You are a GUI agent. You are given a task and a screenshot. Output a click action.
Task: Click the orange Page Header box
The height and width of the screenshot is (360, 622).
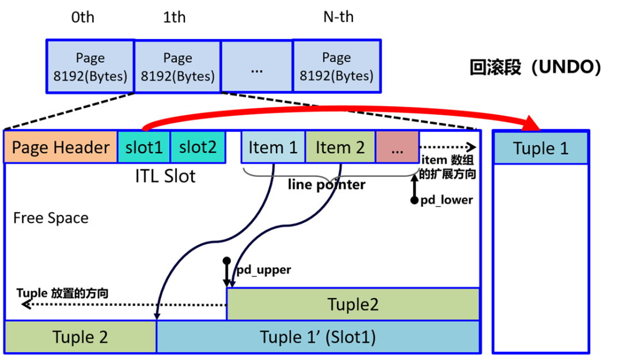tap(60, 147)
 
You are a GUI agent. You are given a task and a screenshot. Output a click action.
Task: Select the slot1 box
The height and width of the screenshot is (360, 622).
tap(144, 147)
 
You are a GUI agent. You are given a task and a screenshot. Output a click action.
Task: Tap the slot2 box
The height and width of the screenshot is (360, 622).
tap(198, 147)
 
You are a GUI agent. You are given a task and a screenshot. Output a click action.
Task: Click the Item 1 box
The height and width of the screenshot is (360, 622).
tap(273, 147)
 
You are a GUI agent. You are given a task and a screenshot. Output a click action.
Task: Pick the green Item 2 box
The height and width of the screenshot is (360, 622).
tap(340, 147)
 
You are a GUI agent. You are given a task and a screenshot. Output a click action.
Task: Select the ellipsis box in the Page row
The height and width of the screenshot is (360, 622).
tap(257, 66)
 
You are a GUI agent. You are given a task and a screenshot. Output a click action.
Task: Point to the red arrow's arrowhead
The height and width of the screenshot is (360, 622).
tap(533, 123)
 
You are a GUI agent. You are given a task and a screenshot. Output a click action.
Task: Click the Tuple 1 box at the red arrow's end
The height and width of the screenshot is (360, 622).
tap(541, 148)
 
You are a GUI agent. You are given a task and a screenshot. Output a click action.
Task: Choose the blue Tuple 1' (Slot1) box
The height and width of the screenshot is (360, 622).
tap(318, 337)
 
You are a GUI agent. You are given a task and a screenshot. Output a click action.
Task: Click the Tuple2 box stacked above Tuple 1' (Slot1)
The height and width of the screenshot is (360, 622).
tap(352, 304)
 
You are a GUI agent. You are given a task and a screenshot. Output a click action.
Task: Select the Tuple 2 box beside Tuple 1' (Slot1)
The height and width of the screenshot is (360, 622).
tap(80, 337)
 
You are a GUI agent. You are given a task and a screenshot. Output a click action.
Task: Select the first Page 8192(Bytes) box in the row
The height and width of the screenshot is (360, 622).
tap(90, 66)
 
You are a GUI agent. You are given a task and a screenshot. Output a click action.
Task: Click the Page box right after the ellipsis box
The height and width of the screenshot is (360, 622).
tap(336, 66)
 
